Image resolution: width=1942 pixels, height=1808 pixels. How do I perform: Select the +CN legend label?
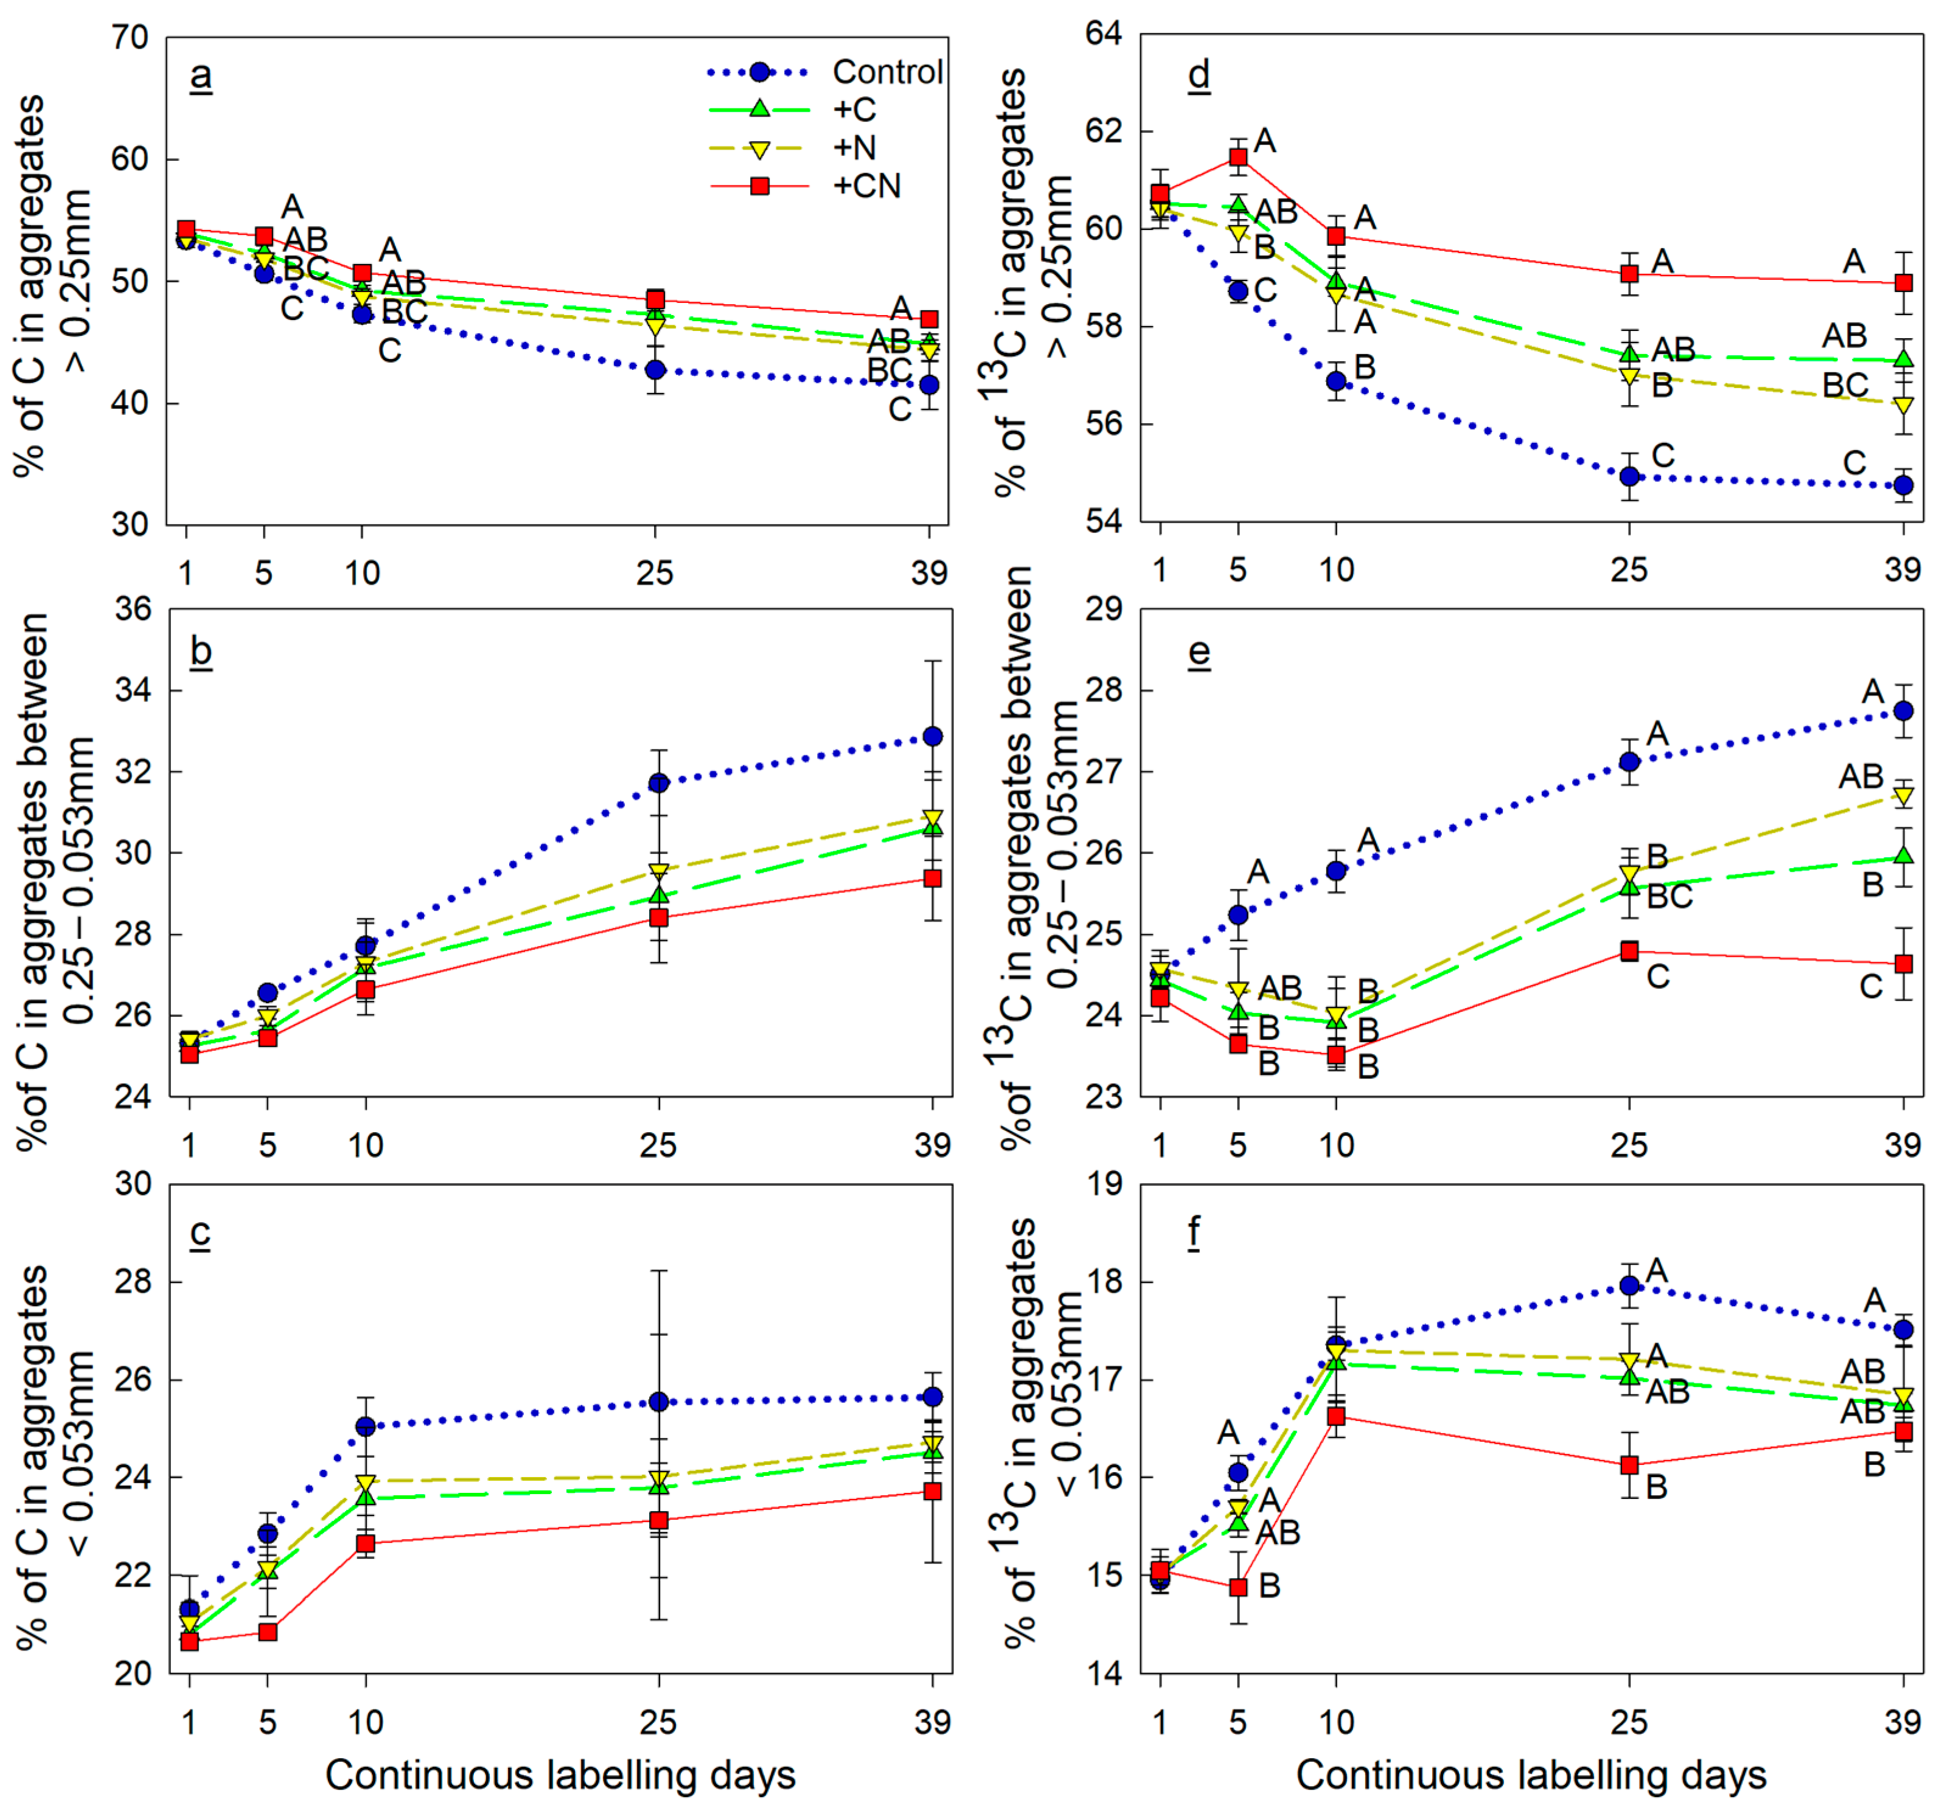(866, 186)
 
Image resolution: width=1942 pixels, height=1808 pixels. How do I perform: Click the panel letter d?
(1199, 74)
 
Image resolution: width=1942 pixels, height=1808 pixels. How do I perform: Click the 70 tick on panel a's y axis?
(130, 38)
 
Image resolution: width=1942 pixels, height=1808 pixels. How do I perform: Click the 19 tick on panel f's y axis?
(1105, 1184)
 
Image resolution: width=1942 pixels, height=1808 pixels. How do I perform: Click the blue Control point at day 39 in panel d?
(1903, 485)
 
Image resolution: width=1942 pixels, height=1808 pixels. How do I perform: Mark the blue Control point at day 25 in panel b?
(658, 782)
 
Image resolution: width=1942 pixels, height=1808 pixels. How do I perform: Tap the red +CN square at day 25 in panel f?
(1629, 1465)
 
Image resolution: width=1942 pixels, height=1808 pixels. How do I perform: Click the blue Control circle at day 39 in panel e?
(1903, 711)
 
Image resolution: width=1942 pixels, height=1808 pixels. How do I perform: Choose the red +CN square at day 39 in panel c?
(933, 1492)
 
